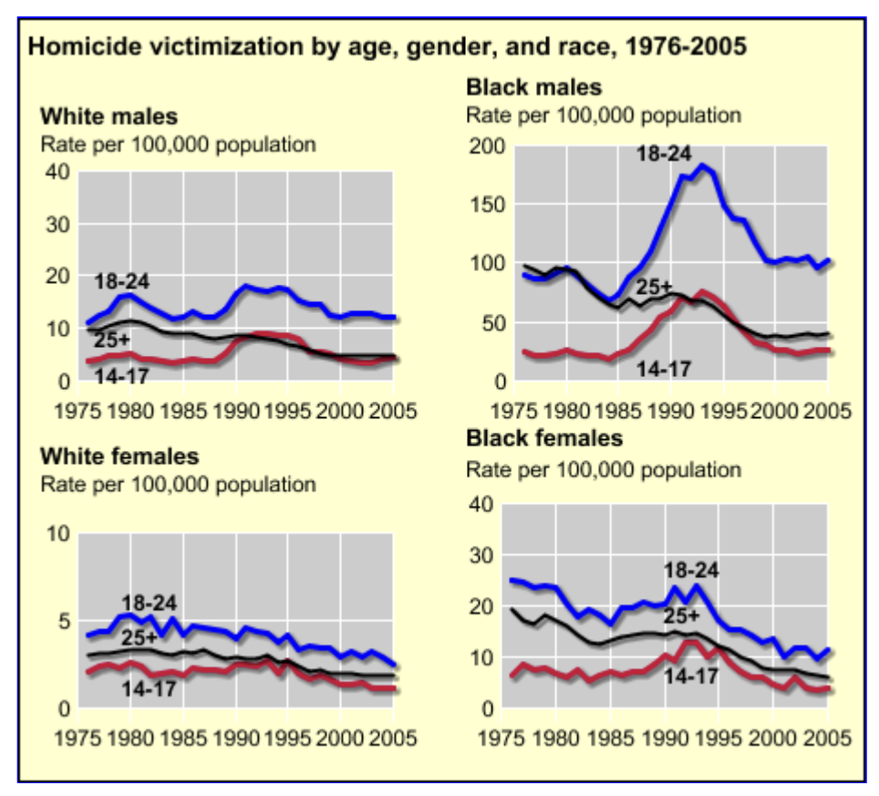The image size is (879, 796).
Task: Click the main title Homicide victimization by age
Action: pos(388,47)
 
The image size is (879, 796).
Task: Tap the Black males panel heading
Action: pos(533,88)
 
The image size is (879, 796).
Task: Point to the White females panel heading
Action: pos(119,456)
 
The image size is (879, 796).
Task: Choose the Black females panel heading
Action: pos(544,438)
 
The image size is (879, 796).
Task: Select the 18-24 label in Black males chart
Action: pos(665,153)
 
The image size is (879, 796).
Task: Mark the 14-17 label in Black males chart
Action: pos(665,369)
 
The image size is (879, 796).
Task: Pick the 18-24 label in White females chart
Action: pos(150,602)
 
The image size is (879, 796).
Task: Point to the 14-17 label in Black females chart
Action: pos(690,676)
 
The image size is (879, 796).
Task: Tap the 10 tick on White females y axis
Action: pos(58,534)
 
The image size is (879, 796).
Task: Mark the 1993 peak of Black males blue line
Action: pos(702,165)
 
